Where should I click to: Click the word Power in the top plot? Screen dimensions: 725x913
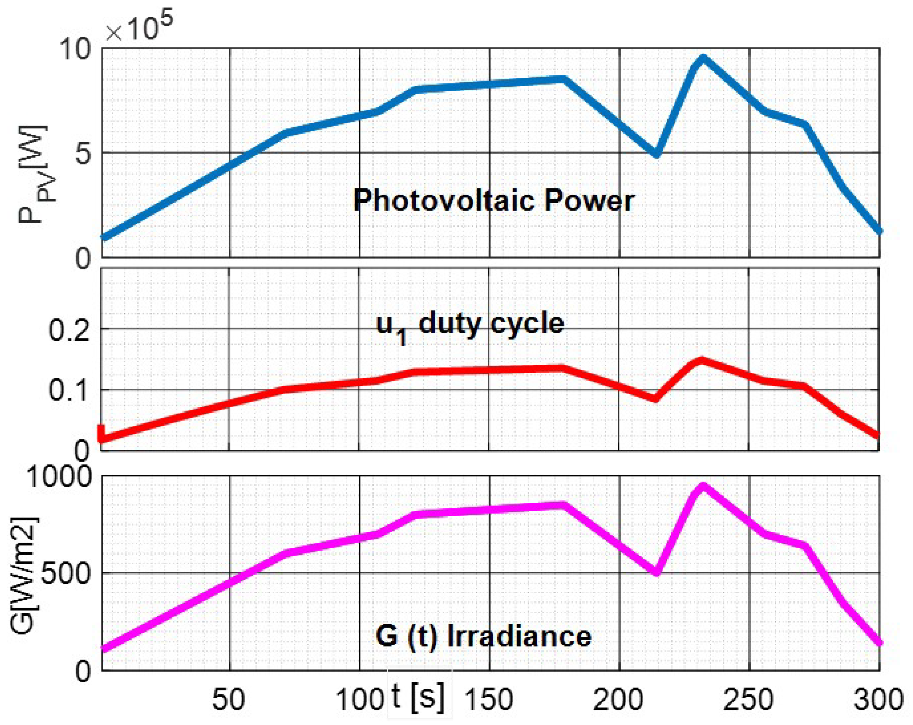[589, 201]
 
